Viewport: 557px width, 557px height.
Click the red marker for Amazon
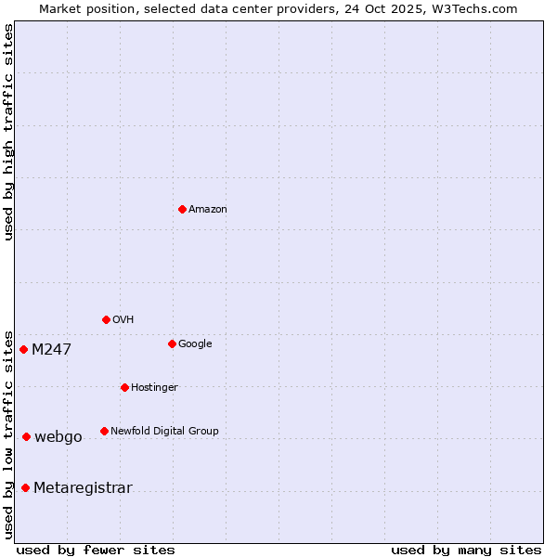(182, 209)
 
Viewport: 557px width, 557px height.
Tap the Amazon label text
(208, 210)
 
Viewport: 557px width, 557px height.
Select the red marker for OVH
(106, 319)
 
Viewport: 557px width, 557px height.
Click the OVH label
(123, 320)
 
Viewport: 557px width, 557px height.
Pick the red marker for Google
(172, 343)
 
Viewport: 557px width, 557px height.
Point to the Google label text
(195, 344)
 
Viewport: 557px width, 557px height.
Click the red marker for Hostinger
(124, 387)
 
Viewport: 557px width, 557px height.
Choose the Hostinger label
(154, 388)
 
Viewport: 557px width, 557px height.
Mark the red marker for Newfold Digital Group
(104, 431)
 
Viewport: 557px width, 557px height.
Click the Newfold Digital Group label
(164, 432)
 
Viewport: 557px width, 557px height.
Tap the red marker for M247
(23, 349)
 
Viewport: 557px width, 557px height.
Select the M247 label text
(51, 350)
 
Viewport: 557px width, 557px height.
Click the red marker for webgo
(26, 436)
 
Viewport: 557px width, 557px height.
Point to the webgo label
(58, 437)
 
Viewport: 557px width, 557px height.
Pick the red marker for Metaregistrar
(25, 487)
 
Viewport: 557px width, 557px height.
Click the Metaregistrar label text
(83, 488)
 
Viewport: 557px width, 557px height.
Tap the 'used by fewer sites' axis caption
(96, 551)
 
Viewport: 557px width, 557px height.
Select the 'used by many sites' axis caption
(466, 551)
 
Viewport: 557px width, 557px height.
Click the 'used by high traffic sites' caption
(9, 132)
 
